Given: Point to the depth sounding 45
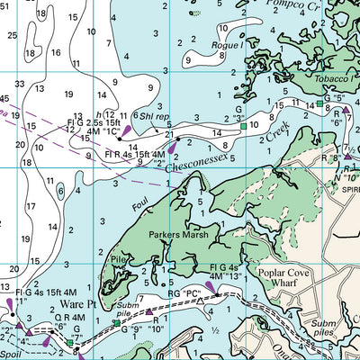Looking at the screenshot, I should (4, 97).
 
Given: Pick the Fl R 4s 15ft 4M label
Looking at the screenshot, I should (133, 155).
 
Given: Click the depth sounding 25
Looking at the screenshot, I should (12, 36).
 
